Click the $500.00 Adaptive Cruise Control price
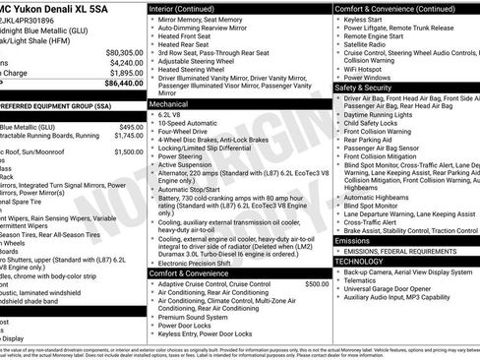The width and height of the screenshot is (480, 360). [x=317, y=283]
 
